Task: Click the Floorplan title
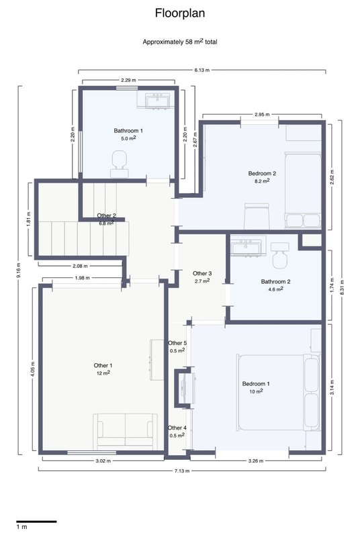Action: click(x=180, y=13)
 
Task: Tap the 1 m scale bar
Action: click(x=36, y=522)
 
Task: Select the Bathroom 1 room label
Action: click(x=128, y=131)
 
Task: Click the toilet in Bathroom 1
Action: click(x=120, y=164)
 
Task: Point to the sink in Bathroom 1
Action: click(x=158, y=100)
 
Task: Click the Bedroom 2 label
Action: click(x=262, y=174)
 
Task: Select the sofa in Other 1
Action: click(x=125, y=432)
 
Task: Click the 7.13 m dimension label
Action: click(x=182, y=471)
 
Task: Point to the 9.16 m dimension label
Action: click(x=19, y=271)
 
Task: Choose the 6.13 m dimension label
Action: click(x=201, y=70)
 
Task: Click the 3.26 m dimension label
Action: click(x=255, y=461)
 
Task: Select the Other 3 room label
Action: click(x=202, y=274)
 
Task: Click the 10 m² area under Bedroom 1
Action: click(x=256, y=391)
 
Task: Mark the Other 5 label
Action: click(x=177, y=343)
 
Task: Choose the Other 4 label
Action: click(x=177, y=428)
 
